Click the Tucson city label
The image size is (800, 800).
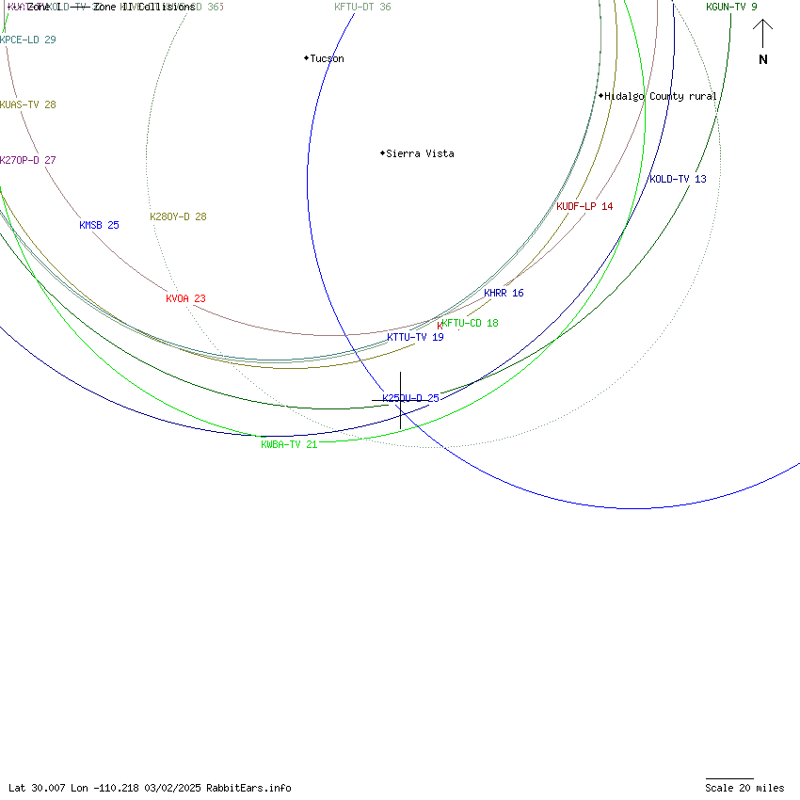pyautogui.click(x=327, y=58)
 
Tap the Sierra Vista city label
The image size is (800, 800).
pyautogui.click(x=420, y=153)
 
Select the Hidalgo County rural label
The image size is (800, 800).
pyautogui.click(x=660, y=96)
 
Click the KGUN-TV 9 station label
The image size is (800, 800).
pyautogui.click(x=731, y=7)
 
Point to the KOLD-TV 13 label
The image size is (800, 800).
pyautogui.click(x=678, y=179)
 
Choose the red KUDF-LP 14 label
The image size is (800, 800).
pyautogui.click(x=584, y=206)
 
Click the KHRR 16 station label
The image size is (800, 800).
pyautogui.click(x=504, y=293)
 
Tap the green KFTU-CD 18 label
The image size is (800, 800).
pyautogui.click(x=470, y=323)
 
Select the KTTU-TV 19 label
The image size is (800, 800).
pyautogui.click(x=415, y=337)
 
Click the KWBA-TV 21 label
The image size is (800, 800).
pyautogui.click(x=289, y=444)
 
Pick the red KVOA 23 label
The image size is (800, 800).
pyautogui.click(x=185, y=298)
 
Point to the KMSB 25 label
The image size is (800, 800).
pyautogui.click(x=99, y=225)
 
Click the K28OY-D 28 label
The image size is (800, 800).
pyautogui.click(x=178, y=216)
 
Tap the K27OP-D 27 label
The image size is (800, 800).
pyautogui.click(x=27, y=160)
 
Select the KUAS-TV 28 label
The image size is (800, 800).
pyautogui.click(x=27, y=104)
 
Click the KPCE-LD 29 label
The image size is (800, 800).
pyautogui.click(x=27, y=40)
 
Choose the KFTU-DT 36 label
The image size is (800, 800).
pyautogui.click(x=362, y=7)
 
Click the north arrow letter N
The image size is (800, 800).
pyautogui.click(x=763, y=59)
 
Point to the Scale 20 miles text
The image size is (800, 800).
pyautogui.click(x=744, y=788)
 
